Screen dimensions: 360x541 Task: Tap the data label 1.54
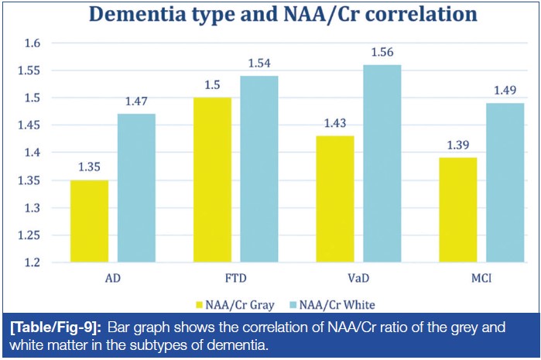pos(259,63)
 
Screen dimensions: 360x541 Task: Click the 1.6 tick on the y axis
pos(33,43)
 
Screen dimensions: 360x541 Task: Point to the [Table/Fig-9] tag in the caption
pos(58,328)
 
